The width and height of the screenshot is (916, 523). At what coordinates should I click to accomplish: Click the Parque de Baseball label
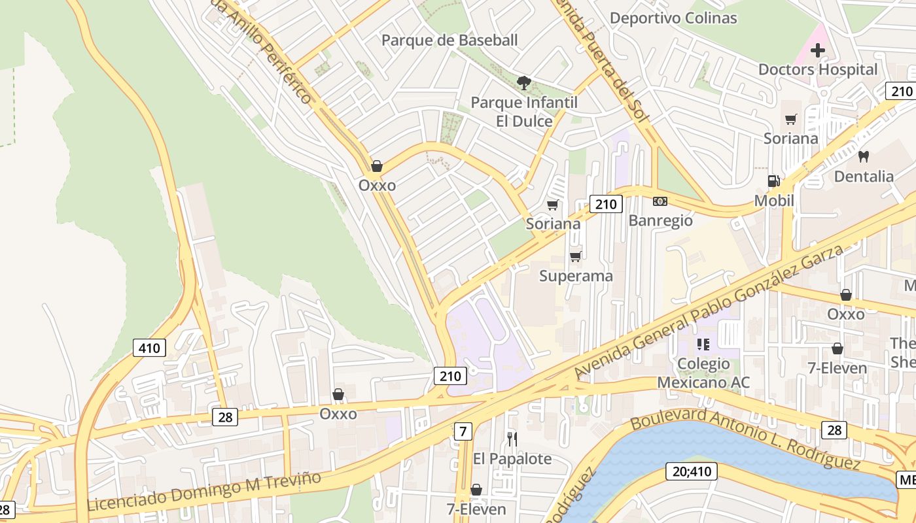pyautogui.click(x=449, y=41)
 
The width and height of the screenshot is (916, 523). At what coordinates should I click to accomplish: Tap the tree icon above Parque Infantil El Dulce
pyautogui.click(x=523, y=83)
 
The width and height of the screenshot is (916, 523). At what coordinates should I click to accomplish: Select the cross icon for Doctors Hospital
pyautogui.click(x=817, y=50)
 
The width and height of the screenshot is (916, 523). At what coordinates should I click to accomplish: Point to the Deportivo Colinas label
pyautogui.click(x=673, y=18)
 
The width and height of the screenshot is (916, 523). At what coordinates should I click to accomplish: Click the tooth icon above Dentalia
pyautogui.click(x=863, y=156)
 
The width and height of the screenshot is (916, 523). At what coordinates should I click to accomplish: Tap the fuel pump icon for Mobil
pyautogui.click(x=774, y=181)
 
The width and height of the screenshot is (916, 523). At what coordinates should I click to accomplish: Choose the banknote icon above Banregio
pyautogui.click(x=660, y=201)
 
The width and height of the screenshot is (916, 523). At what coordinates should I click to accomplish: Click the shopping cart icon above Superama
pyautogui.click(x=576, y=256)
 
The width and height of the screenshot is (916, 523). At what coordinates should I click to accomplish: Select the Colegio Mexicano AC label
pyautogui.click(x=703, y=373)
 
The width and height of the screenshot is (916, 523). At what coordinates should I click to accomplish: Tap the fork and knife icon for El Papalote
pyautogui.click(x=512, y=439)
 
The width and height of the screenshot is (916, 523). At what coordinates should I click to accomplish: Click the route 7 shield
pyautogui.click(x=463, y=431)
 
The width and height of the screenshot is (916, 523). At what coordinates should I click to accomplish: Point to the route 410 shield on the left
pyautogui.click(x=149, y=348)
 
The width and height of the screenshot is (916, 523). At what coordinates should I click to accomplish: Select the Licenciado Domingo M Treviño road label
pyautogui.click(x=204, y=492)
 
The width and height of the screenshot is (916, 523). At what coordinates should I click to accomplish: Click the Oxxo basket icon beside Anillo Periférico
pyautogui.click(x=377, y=166)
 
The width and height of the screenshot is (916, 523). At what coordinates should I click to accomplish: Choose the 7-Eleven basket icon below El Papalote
pyautogui.click(x=476, y=490)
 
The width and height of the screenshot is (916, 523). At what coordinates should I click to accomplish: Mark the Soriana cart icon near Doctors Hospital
pyautogui.click(x=791, y=119)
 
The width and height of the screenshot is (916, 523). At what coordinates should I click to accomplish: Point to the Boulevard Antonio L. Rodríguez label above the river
pyautogui.click(x=745, y=439)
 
